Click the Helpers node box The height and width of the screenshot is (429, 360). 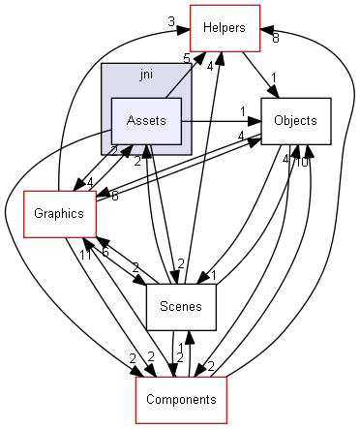point(225,29)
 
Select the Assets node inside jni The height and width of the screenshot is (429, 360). point(146,121)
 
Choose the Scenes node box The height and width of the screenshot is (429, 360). point(180,308)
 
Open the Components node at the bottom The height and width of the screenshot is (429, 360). point(180,399)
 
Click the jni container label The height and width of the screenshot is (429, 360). point(146,75)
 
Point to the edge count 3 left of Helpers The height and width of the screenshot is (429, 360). point(170,21)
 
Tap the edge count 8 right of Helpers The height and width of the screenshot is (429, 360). point(276,39)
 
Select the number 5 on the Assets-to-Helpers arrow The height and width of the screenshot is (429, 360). point(200,57)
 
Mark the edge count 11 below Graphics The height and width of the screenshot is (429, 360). point(85,254)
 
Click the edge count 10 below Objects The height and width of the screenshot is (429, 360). point(303,161)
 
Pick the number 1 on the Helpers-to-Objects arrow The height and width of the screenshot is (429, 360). point(273,77)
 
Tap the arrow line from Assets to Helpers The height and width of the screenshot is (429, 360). point(181,78)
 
